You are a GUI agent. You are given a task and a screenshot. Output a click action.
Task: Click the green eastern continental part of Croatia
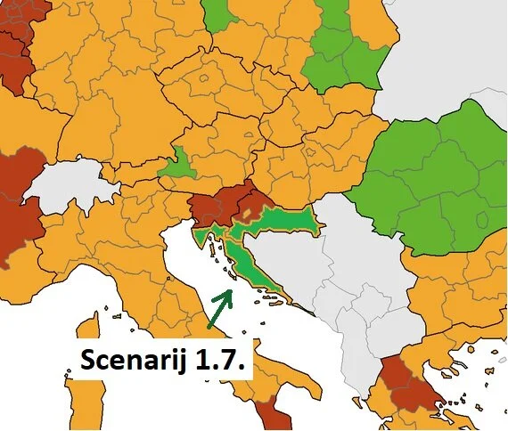click(x=285, y=218)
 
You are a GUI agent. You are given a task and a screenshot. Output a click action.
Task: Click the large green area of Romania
click(x=428, y=178)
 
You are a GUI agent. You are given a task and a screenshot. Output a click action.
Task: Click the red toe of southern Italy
click(x=273, y=417)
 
